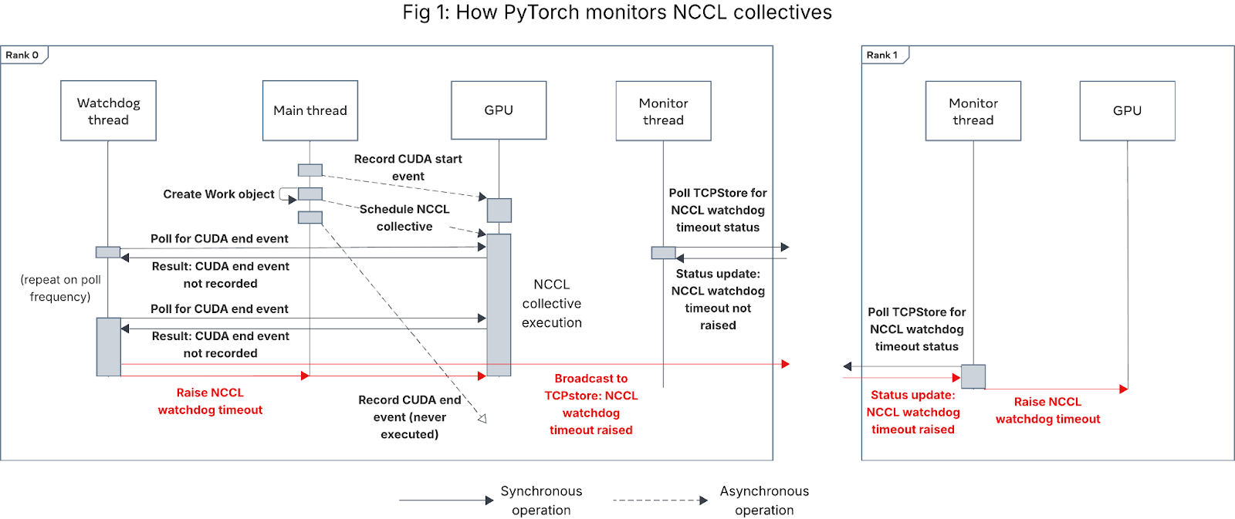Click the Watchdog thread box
pos(108,111)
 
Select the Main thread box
pos(310,111)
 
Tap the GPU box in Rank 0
pos(499,110)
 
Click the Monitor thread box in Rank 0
pos(663,111)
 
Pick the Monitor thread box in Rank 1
pos(973,111)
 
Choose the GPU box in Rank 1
pos(1127,111)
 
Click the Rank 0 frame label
pos(22,55)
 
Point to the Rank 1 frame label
pos(882,55)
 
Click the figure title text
pos(617,12)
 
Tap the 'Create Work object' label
pos(218,194)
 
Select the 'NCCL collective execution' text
pos(552,304)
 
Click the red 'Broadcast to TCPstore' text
pos(591,404)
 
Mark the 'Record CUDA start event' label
pos(408,167)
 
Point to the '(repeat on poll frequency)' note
pos(60,288)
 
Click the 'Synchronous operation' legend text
pos(541,500)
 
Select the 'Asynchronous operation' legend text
pos(764,500)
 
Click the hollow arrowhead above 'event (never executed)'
pos(482,419)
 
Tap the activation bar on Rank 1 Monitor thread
pos(973,376)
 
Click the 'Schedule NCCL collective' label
pos(404,217)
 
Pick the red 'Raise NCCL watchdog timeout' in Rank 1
pos(1047,410)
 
